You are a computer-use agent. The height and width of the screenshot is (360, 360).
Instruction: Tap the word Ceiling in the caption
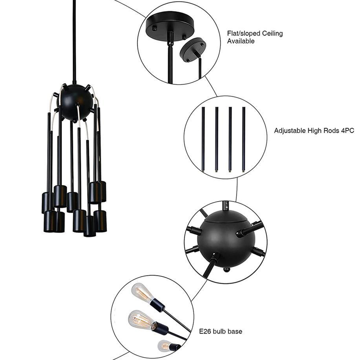pos(273,33)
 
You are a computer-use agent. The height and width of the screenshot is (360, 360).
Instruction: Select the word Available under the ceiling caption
pos(241,41)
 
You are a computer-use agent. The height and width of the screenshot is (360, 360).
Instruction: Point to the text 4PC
pos(348,130)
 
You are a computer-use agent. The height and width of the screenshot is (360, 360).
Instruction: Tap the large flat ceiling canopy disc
pos(170,26)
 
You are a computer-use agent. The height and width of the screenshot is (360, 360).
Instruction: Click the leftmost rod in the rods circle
pos(203,139)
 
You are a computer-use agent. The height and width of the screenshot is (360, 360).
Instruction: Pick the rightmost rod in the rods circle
pos(244,139)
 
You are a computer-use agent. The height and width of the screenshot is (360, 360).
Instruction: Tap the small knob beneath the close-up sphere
pos(226,270)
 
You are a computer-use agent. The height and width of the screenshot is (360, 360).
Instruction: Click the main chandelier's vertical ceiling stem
pos(74,41)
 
